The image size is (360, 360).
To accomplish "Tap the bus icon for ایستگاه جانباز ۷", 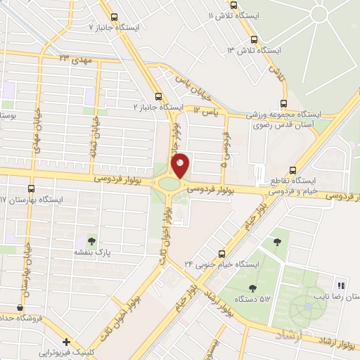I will click(x=113, y=15).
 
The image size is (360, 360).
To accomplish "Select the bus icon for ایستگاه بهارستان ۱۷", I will click(x=31, y=188).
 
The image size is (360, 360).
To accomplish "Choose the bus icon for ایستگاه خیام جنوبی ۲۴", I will click(x=222, y=253).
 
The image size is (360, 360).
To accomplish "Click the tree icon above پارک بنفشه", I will click(x=94, y=240).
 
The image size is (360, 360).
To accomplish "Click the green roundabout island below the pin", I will click(x=169, y=185).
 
